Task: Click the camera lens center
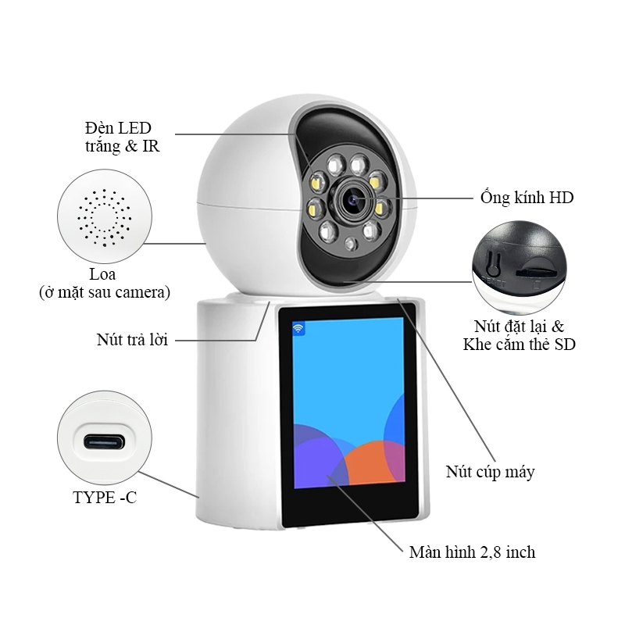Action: pos(353,198)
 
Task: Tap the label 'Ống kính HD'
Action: pos(527,198)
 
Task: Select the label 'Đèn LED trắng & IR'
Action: pos(122,137)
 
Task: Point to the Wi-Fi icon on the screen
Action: pos(298,329)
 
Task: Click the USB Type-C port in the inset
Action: pos(104,441)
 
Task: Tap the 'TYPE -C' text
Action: pos(105,497)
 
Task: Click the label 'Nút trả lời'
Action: pos(132,340)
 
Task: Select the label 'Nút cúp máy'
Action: pos(490,472)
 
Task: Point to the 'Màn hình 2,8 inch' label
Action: pos(472,552)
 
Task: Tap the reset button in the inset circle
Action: pos(494,263)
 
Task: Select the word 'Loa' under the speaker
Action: pos(102,275)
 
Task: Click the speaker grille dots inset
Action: pos(105,217)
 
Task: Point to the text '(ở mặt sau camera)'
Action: pos(105,292)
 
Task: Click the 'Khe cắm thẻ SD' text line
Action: pos(519,345)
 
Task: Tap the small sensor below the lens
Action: pos(350,244)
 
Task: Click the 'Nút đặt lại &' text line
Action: pos(519,327)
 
